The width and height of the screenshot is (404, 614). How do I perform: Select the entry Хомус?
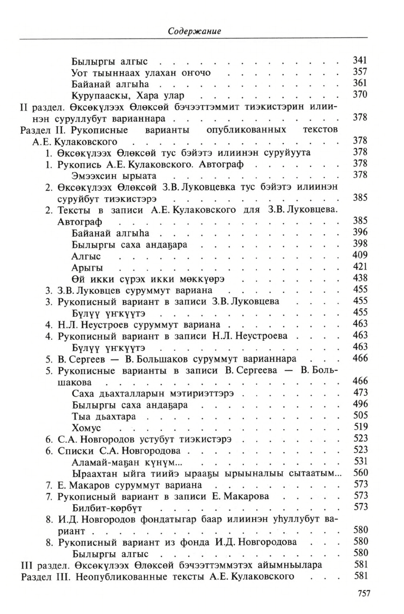[x=86, y=427]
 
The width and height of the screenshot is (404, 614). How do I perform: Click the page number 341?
[x=360, y=60]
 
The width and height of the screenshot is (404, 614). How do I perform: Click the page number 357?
[x=360, y=72]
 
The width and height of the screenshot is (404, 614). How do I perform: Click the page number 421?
[x=360, y=266]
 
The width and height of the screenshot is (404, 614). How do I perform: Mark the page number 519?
[x=360, y=427]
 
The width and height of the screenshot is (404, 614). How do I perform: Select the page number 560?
[x=360, y=473]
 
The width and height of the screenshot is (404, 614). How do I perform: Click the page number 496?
[x=360, y=404]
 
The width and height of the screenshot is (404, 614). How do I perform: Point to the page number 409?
[x=360, y=255]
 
